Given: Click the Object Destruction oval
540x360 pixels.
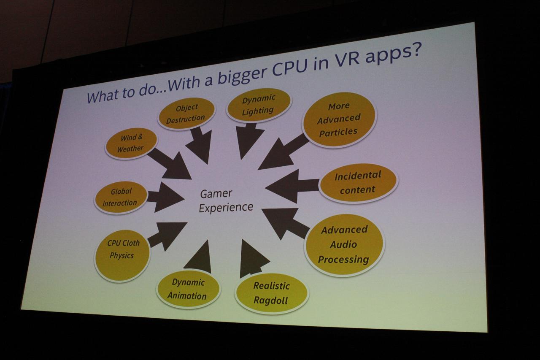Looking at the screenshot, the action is [x=186, y=114].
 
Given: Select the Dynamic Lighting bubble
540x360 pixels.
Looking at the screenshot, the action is [x=259, y=105].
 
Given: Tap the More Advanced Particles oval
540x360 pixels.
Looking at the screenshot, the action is [x=340, y=119].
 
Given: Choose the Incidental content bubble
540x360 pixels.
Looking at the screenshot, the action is [x=358, y=183].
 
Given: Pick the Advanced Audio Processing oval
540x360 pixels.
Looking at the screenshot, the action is [x=344, y=245].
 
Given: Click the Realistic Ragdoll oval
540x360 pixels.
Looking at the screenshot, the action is [x=272, y=293].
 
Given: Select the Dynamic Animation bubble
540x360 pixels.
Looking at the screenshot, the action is [x=188, y=289].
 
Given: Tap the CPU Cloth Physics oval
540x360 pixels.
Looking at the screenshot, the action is [x=122, y=256].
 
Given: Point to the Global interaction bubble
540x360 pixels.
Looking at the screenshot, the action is [x=121, y=198].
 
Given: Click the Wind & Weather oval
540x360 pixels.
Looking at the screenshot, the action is [x=131, y=143].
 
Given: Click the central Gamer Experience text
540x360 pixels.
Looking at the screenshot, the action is [x=226, y=201].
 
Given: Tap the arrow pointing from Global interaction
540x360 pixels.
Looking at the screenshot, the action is [x=165, y=197].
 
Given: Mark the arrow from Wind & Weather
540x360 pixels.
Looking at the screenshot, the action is [x=170, y=164].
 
